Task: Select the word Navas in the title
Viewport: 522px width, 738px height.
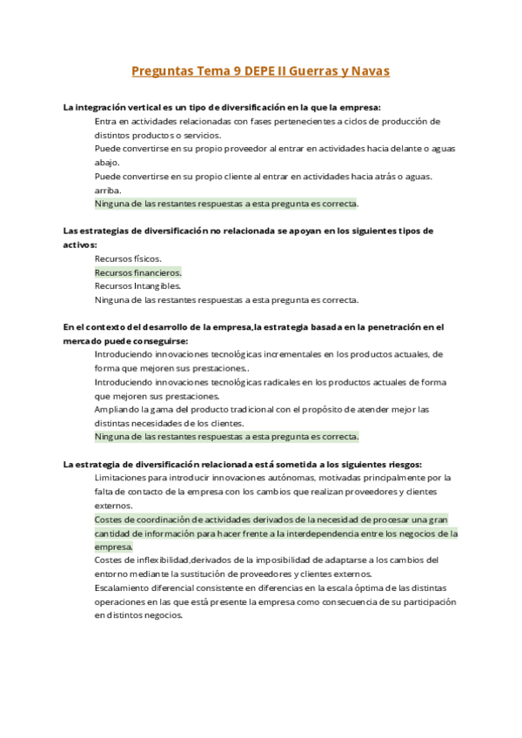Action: pyautogui.click(x=370, y=70)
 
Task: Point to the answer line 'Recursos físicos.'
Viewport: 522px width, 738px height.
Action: pyautogui.click(x=128, y=258)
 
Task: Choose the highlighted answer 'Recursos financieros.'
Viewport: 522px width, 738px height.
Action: pyautogui.click(x=137, y=272)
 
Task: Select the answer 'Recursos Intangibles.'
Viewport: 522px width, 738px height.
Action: pyautogui.click(x=137, y=285)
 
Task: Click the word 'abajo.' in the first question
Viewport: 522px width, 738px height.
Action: pyautogui.click(x=108, y=162)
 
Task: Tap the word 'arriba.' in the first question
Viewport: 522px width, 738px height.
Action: pyautogui.click(x=109, y=190)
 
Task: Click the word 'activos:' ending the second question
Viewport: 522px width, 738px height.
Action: pyautogui.click(x=81, y=245)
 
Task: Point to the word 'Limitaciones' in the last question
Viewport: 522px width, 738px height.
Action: pyautogui.click(x=123, y=478)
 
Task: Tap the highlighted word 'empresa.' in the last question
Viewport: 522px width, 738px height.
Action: pyautogui.click(x=114, y=547)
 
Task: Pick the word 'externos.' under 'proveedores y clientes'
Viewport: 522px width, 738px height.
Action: pyautogui.click(x=114, y=506)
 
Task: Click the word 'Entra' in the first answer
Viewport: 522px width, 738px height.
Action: pyautogui.click(x=104, y=121)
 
